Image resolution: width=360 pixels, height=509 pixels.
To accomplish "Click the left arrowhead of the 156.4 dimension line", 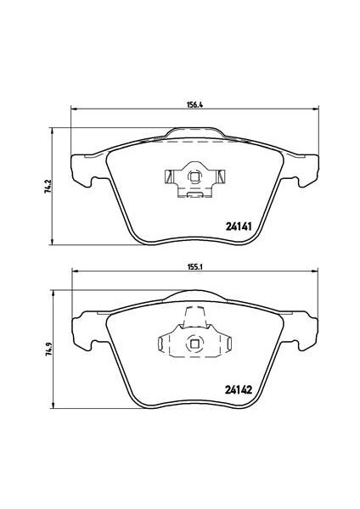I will [x=72, y=109].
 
